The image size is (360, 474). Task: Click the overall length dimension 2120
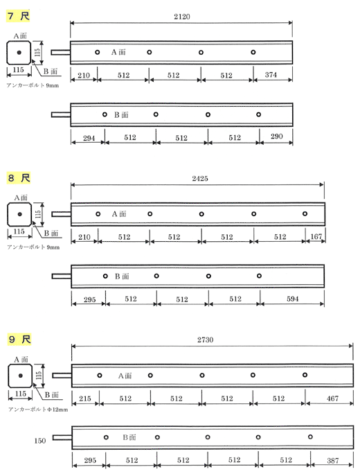182,17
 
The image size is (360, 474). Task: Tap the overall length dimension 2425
200,178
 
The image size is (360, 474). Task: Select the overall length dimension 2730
206,340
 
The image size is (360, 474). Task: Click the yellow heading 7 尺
19,16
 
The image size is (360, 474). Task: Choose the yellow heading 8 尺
19,177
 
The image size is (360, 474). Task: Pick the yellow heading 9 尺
19,339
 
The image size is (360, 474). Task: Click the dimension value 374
271,75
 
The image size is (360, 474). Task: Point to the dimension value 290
277,137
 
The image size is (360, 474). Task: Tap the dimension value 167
316,236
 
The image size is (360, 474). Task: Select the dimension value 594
293,299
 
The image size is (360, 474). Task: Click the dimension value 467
332,398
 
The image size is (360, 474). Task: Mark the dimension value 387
333,461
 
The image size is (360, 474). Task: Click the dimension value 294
89,138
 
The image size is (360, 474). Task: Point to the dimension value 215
85,398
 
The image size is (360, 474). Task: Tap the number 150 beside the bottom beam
40,441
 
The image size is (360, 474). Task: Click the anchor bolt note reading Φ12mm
58,410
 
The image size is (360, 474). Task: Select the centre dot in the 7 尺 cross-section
19,53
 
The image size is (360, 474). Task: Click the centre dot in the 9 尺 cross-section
21,376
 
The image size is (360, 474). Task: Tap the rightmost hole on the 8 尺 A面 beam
305,213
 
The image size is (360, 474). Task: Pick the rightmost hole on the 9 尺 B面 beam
310,437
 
